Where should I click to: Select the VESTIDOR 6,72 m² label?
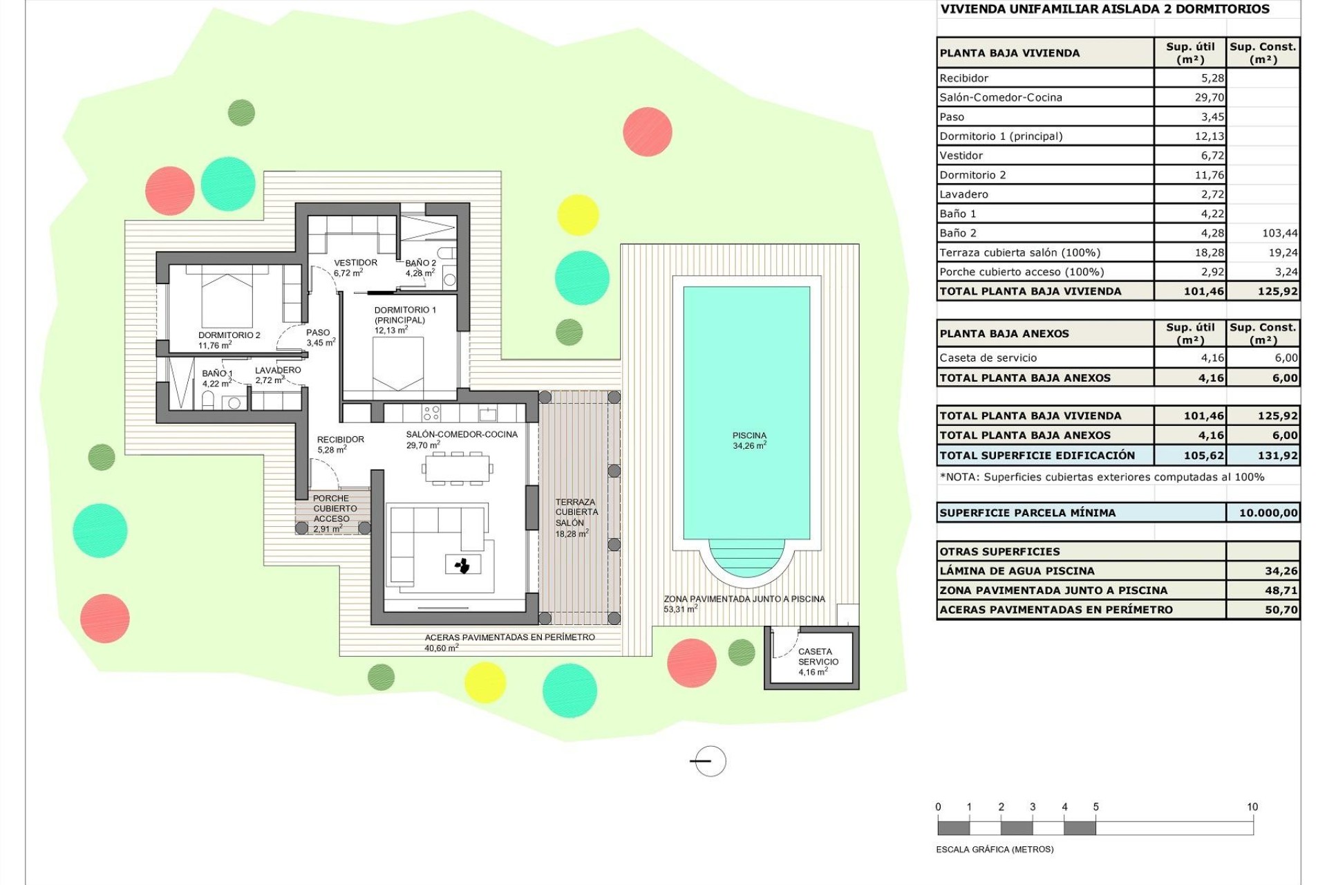355,268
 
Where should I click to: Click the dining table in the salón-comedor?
457,468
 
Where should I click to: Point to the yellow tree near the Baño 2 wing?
577,214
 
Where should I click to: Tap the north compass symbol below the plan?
709,761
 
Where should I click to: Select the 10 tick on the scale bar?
1252,807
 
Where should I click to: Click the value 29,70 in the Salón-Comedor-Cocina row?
1209,97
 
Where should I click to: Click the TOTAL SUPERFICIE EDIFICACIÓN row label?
1037,455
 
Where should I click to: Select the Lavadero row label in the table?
963,194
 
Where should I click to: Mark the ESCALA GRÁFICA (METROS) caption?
994,849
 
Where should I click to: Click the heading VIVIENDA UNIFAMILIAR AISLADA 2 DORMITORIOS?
1104,9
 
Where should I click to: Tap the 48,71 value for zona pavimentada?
1281,590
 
